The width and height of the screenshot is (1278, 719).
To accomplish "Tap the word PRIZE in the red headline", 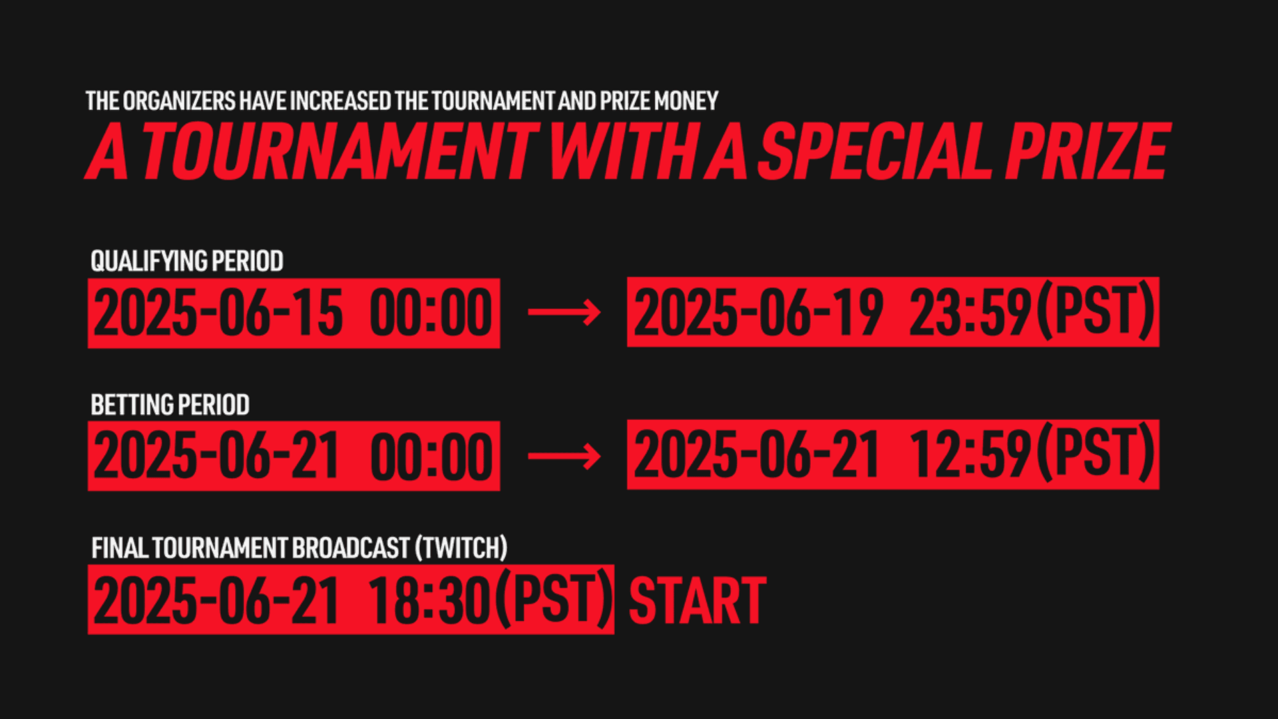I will point(1087,151).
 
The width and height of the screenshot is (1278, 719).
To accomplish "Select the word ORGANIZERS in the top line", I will point(179,101).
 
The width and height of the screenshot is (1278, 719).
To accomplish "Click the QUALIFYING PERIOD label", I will point(187,261).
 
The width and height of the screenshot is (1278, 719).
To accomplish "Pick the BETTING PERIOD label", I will point(170,405).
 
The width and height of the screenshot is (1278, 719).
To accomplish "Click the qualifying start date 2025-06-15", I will point(218,314).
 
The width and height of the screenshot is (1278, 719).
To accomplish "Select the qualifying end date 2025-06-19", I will point(758,312).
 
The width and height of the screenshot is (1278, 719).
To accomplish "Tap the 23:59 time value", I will point(970,312).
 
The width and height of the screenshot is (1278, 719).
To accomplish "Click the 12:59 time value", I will point(970,455).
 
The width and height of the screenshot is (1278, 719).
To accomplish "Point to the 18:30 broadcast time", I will point(429,600).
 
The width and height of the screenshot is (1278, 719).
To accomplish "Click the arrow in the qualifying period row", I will point(564,312).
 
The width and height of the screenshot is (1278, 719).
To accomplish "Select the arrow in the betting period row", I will point(564,456).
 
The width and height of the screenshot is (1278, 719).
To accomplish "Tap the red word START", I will point(698,601).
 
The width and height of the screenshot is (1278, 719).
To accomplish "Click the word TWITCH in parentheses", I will point(461,549).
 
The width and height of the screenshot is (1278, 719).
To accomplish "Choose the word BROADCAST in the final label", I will point(351,549).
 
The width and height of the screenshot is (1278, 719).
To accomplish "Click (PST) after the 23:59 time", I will point(1096,311).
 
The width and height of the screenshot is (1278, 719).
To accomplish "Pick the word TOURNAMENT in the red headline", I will point(339,151).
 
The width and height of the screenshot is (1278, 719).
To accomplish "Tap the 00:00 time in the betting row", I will point(431,457).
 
